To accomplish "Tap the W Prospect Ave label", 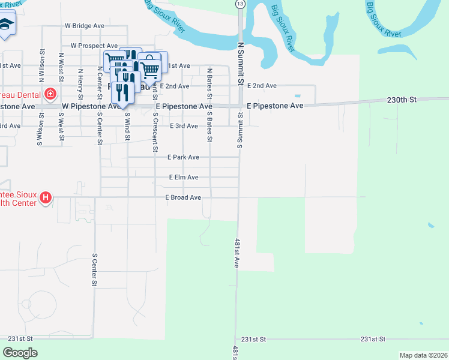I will pyautogui.click(x=94, y=46).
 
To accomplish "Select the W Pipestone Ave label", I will pyautogui.click(x=92, y=106).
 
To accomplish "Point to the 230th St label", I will pyautogui.click(x=402, y=100).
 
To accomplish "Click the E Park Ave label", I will pyautogui.click(x=184, y=157).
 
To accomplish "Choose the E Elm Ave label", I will pyautogui.click(x=184, y=178).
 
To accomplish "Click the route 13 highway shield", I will pyautogui.click(x=240, y=4).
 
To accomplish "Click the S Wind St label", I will pyautogui.click(x=127, y=127).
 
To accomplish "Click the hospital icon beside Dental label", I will pyautogui.click(x=50, y=94).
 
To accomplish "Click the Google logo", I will pyautogui.click(x=20, y=353).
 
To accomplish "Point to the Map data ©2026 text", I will pyautogui.click(x=423, y=355).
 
